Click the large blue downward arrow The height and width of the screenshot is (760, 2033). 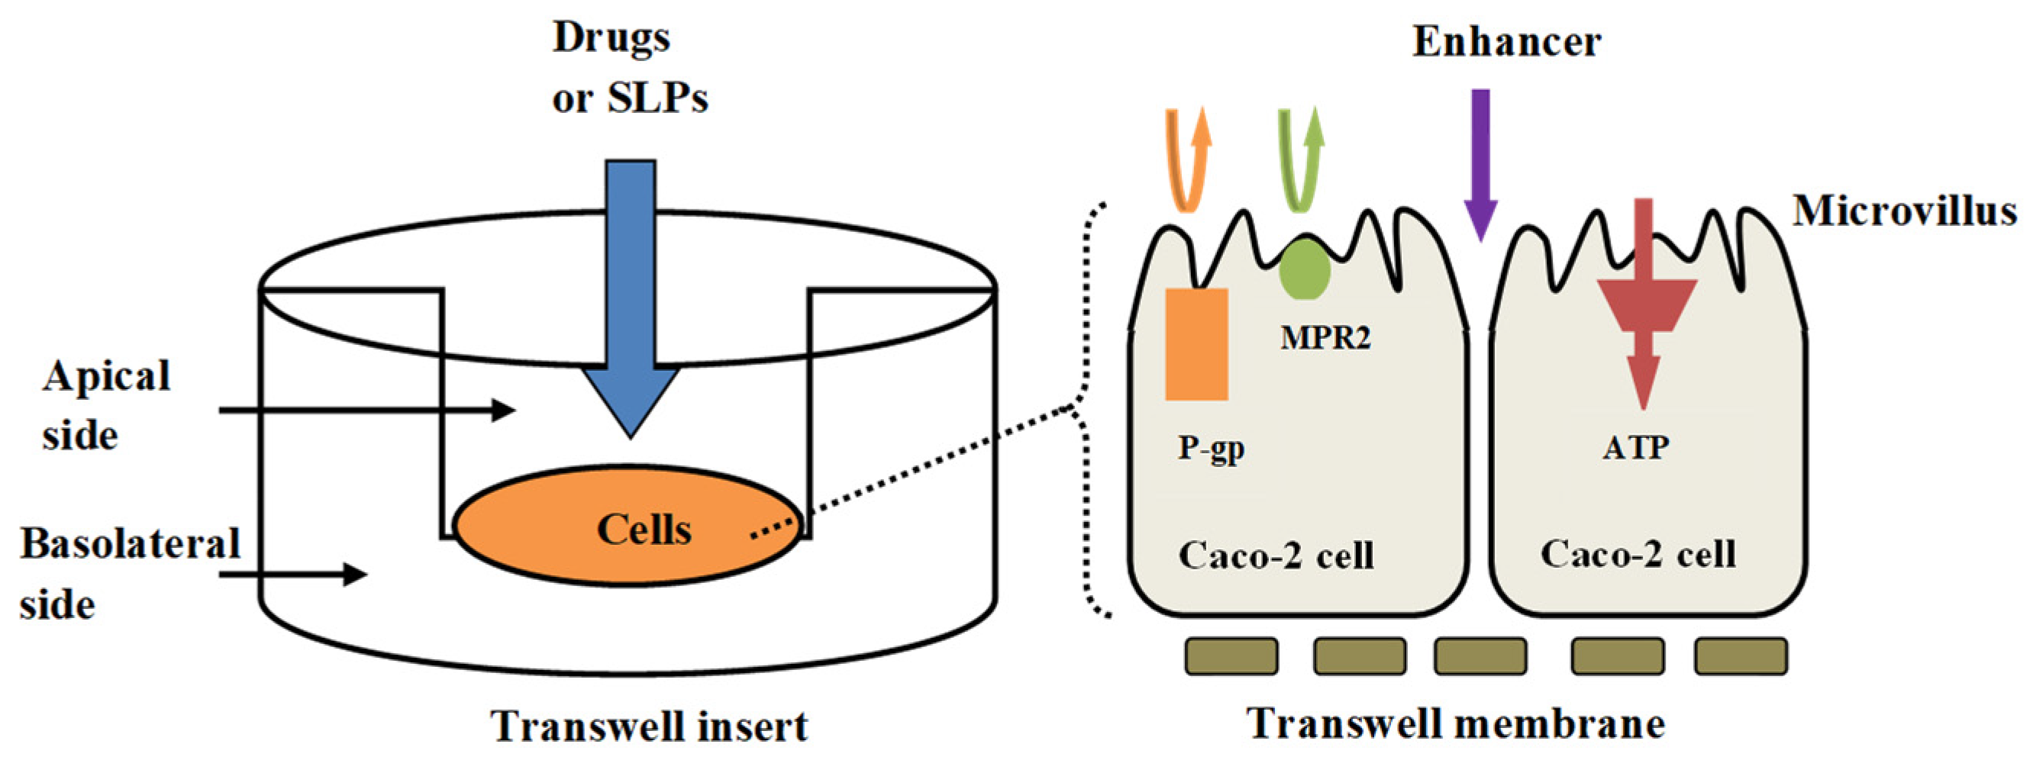[631, 300]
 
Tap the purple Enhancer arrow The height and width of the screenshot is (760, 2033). [1480, 158]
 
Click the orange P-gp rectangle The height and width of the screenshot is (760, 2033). [1196, 344]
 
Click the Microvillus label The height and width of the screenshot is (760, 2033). [1903, 211]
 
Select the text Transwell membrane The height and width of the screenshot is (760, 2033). [1455, 723]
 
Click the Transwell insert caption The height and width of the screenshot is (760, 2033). [649, 726]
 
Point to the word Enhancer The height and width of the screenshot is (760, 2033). [1505, 42]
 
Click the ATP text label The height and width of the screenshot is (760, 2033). [1635, 448]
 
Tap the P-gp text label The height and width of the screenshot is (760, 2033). [1211, 448]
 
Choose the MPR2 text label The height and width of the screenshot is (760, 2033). [1325, 338]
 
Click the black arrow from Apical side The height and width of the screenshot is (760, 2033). [367, 411]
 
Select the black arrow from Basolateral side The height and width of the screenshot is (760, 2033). [293, 574]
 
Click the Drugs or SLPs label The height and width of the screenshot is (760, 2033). [629, 69]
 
